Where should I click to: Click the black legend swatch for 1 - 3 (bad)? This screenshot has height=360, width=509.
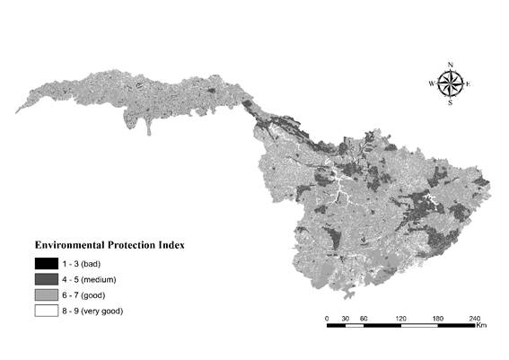46,263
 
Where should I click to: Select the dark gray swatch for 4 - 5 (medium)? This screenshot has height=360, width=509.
46,279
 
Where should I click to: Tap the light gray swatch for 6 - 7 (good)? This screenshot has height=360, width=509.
46,294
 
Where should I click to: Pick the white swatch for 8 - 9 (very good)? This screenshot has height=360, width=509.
46,311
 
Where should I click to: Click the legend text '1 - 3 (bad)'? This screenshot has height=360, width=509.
83,263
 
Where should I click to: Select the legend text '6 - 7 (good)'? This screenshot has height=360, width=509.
85,294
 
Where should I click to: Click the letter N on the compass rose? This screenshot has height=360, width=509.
450,64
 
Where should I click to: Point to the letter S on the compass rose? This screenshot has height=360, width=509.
450,103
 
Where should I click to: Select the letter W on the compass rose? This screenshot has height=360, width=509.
431,83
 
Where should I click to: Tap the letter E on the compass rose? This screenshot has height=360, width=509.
469,83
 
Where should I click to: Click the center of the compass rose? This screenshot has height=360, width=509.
450,83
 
